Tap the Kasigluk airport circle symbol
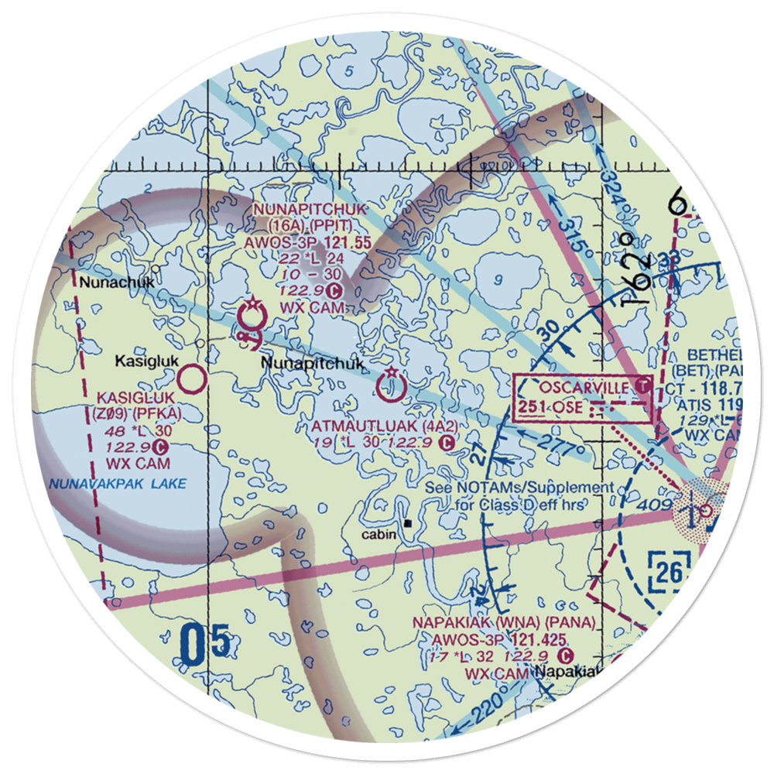tap(191, 379)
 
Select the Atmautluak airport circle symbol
tap(390, 385)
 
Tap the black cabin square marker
tap(406, 523)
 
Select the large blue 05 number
tap(205, 643)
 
